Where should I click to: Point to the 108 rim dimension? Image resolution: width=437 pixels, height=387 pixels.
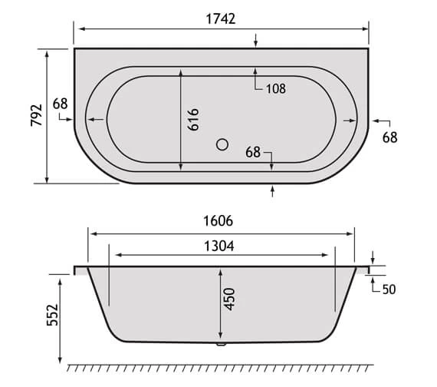coord(276,88)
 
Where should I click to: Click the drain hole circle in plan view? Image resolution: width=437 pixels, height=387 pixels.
coord(222,144)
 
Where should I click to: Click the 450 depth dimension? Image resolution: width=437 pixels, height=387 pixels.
coord(228,299)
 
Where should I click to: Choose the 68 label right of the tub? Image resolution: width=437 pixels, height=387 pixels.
coord(390,137)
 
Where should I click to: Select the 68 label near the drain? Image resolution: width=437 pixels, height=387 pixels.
coord(255,152)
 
